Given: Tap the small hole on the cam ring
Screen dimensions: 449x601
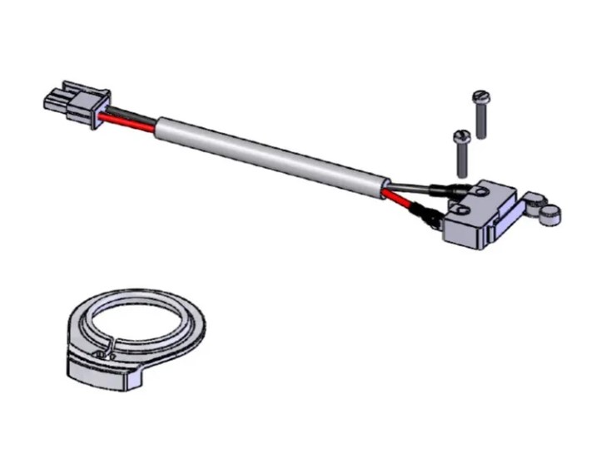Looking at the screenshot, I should pyautogui.click(x=102, y=355).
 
